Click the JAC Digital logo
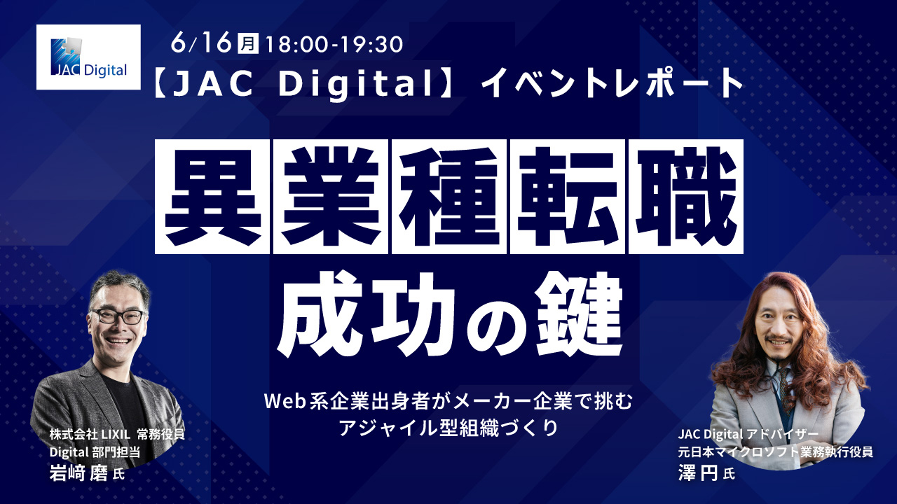tap(88, 57)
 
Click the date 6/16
tap(200, 43)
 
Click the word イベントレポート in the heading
tap(612, 85)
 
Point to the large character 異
tap(212, 196)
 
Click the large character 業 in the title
tap(330, 196)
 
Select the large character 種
tap(448, 196)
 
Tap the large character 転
tap(567, 196)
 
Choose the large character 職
tap(685, 196)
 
